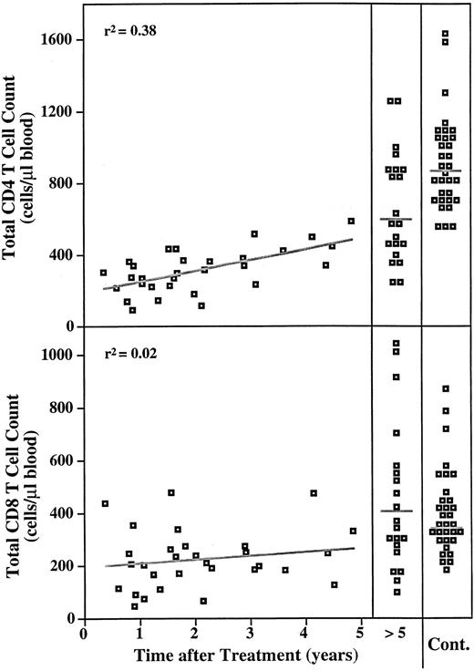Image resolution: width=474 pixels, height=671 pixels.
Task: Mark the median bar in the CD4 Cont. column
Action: tap(446, 170)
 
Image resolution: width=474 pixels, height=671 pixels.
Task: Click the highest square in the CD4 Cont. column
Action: tap(446, 35)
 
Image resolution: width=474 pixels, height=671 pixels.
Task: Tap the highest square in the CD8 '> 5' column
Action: tap(397, 344)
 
